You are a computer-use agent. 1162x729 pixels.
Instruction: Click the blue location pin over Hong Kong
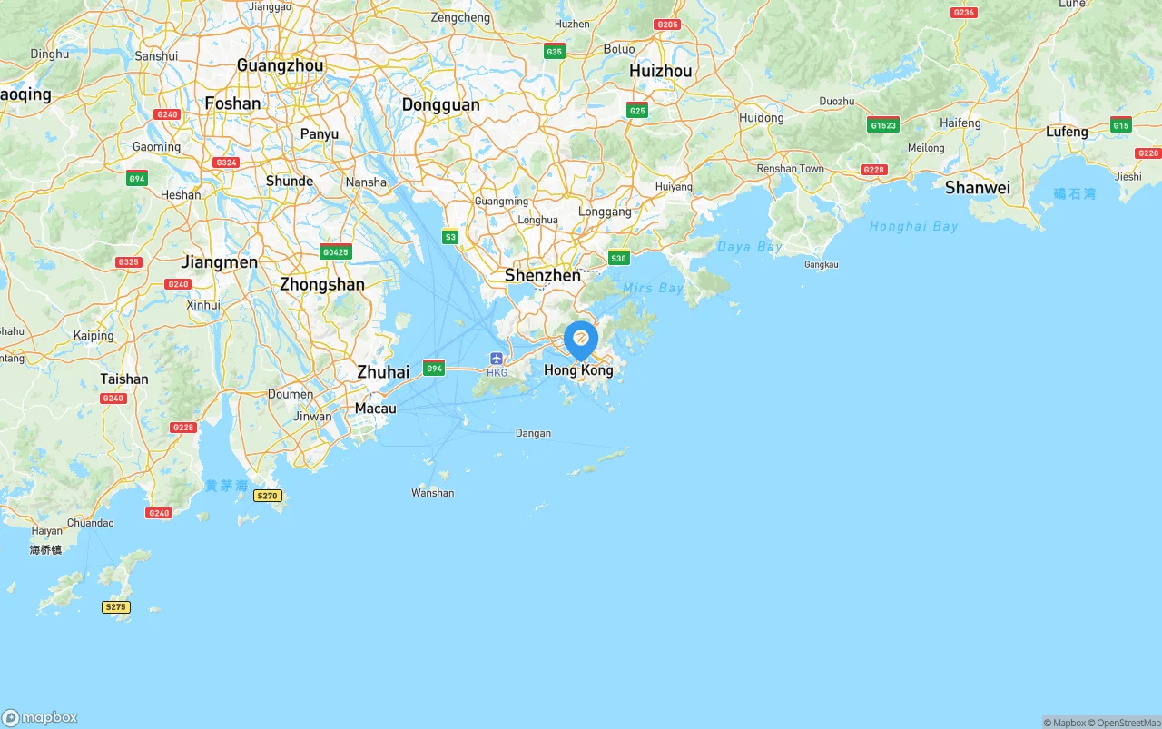click(x=581, y=340)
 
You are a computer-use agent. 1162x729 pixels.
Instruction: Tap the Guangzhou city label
click(x=280, y=65)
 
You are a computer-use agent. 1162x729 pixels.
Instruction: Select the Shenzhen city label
click(x=542, y=275)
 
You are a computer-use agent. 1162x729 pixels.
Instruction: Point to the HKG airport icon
click(x=497, y=359)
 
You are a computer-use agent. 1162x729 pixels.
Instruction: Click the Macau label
click(x=375, y=409)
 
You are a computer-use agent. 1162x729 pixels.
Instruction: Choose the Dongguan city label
click(x=440, y=105)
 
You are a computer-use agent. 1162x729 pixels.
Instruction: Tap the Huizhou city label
click(x=660, y=71)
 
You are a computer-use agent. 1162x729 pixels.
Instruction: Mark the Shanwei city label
click(x=977, y=188)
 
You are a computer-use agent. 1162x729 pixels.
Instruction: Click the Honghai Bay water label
click(x=912, y=226)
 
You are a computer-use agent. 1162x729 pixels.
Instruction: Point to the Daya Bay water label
click(x=749, y=247)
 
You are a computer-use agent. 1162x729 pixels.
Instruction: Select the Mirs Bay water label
click(x=652, y=288)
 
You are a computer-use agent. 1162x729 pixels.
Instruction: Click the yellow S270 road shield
click(x=268, y=496)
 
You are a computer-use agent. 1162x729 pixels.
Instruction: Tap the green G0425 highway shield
click(x=336, y=252)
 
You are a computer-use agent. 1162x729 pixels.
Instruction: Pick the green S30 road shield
click(x=618, y=259)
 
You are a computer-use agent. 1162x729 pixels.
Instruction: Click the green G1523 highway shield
click(x=882, y=125)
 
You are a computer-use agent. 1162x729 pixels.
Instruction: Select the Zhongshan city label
click(x=321, y=284)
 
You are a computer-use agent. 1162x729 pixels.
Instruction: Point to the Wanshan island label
click(x=432, y=493)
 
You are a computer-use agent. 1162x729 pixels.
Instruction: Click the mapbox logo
click(x=40, y=718)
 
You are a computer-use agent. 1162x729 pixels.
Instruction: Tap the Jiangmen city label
click(x=219, y=262)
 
